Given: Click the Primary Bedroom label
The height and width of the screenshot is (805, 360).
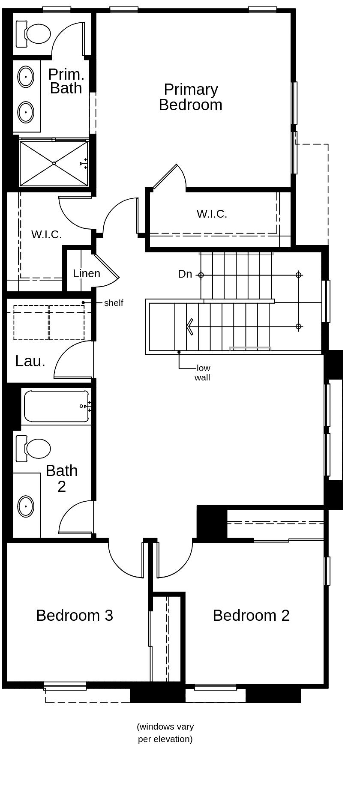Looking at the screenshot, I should [x=190, y=97].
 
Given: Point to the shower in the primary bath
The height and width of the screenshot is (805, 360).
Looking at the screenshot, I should [x=54, y=163].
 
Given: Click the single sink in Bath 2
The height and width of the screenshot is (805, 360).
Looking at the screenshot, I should [x=26, y=506].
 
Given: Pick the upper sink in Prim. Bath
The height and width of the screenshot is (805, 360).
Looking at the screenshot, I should [x=26, y=77].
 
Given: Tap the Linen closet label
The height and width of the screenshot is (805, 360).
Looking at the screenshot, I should [x=87, y=273].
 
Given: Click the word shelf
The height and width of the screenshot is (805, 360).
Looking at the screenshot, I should [x=114, y=303].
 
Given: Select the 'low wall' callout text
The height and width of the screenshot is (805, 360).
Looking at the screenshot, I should [x=203, y=373].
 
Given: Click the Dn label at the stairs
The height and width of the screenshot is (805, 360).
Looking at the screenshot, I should [x=185, y=274].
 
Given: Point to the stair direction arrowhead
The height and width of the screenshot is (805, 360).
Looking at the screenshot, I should [x=189, y=326].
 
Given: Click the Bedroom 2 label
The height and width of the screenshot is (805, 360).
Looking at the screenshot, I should [x=251, y=615].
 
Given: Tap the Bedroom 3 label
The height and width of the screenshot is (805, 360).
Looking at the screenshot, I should [x=75, y=615].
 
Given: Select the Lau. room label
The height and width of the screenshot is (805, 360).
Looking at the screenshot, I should [x=30, y=361].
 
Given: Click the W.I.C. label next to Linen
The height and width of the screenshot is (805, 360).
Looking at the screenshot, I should [x=46, y=235].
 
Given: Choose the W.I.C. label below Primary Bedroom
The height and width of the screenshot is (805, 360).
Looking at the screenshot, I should [x=212, y=214].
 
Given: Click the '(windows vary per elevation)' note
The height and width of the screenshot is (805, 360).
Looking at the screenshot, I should [x=165, y=733].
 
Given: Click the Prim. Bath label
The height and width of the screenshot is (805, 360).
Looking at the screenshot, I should [x=66, y=81].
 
